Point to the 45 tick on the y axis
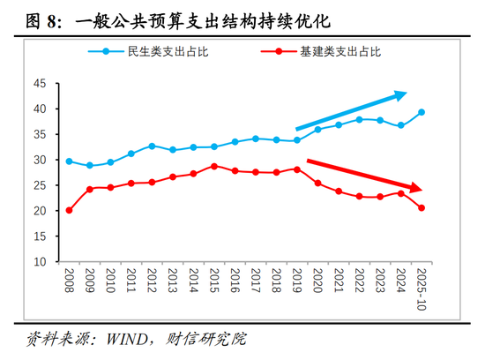pos(38,84)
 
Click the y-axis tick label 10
pos(38,262)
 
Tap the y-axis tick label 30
pos(38,161)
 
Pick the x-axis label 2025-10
pos(422,289)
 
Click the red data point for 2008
pos(69,210)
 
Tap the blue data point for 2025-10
pos(422,112)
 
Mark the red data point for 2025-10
pos(422,208)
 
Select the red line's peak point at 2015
pos(213,166)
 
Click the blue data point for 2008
pos(69,161)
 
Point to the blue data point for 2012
pos(152,146)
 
